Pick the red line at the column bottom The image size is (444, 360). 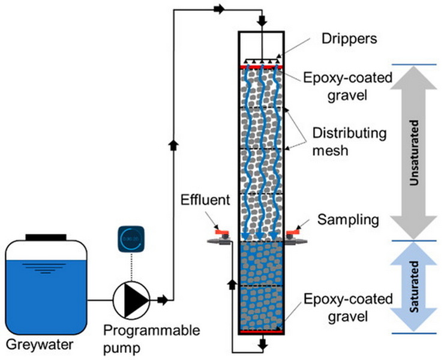coord(261,331)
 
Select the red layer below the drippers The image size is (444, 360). coord(261,67)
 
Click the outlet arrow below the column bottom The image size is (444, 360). coord(262,344)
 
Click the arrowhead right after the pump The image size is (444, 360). coord(162,298)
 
